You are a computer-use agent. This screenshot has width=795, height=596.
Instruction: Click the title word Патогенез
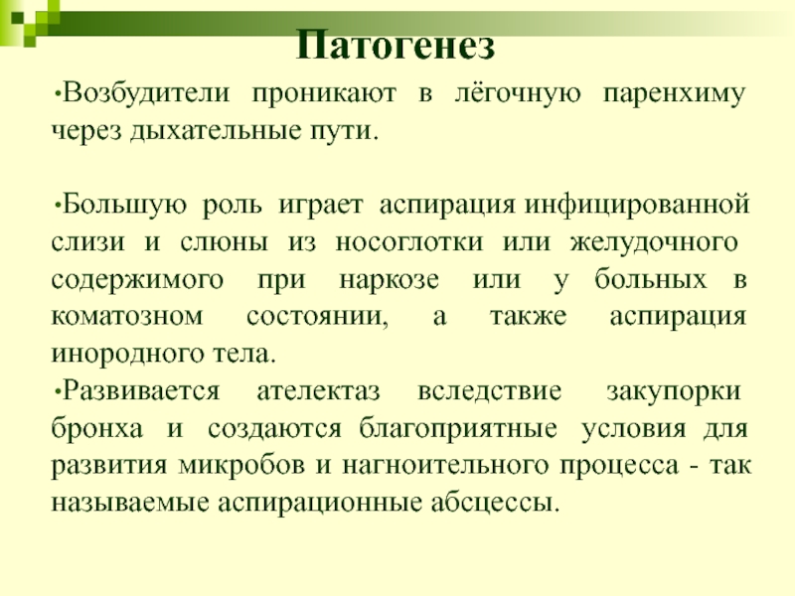[x=395, y=44]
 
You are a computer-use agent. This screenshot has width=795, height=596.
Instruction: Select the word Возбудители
[x=146, y=93]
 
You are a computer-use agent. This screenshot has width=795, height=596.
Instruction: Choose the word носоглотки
[x=409, y=242]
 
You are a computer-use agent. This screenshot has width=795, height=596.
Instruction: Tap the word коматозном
[x=127, y=317]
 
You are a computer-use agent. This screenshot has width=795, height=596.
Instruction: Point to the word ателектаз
[x=318, y=391]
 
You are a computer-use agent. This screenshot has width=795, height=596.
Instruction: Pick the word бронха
[x=96, y=428]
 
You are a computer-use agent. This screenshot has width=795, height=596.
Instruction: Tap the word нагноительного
[x=444, y=466]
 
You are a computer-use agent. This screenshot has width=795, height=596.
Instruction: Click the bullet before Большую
[x=58, y=206]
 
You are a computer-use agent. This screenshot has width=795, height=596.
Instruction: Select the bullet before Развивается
[x=58, y=391]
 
